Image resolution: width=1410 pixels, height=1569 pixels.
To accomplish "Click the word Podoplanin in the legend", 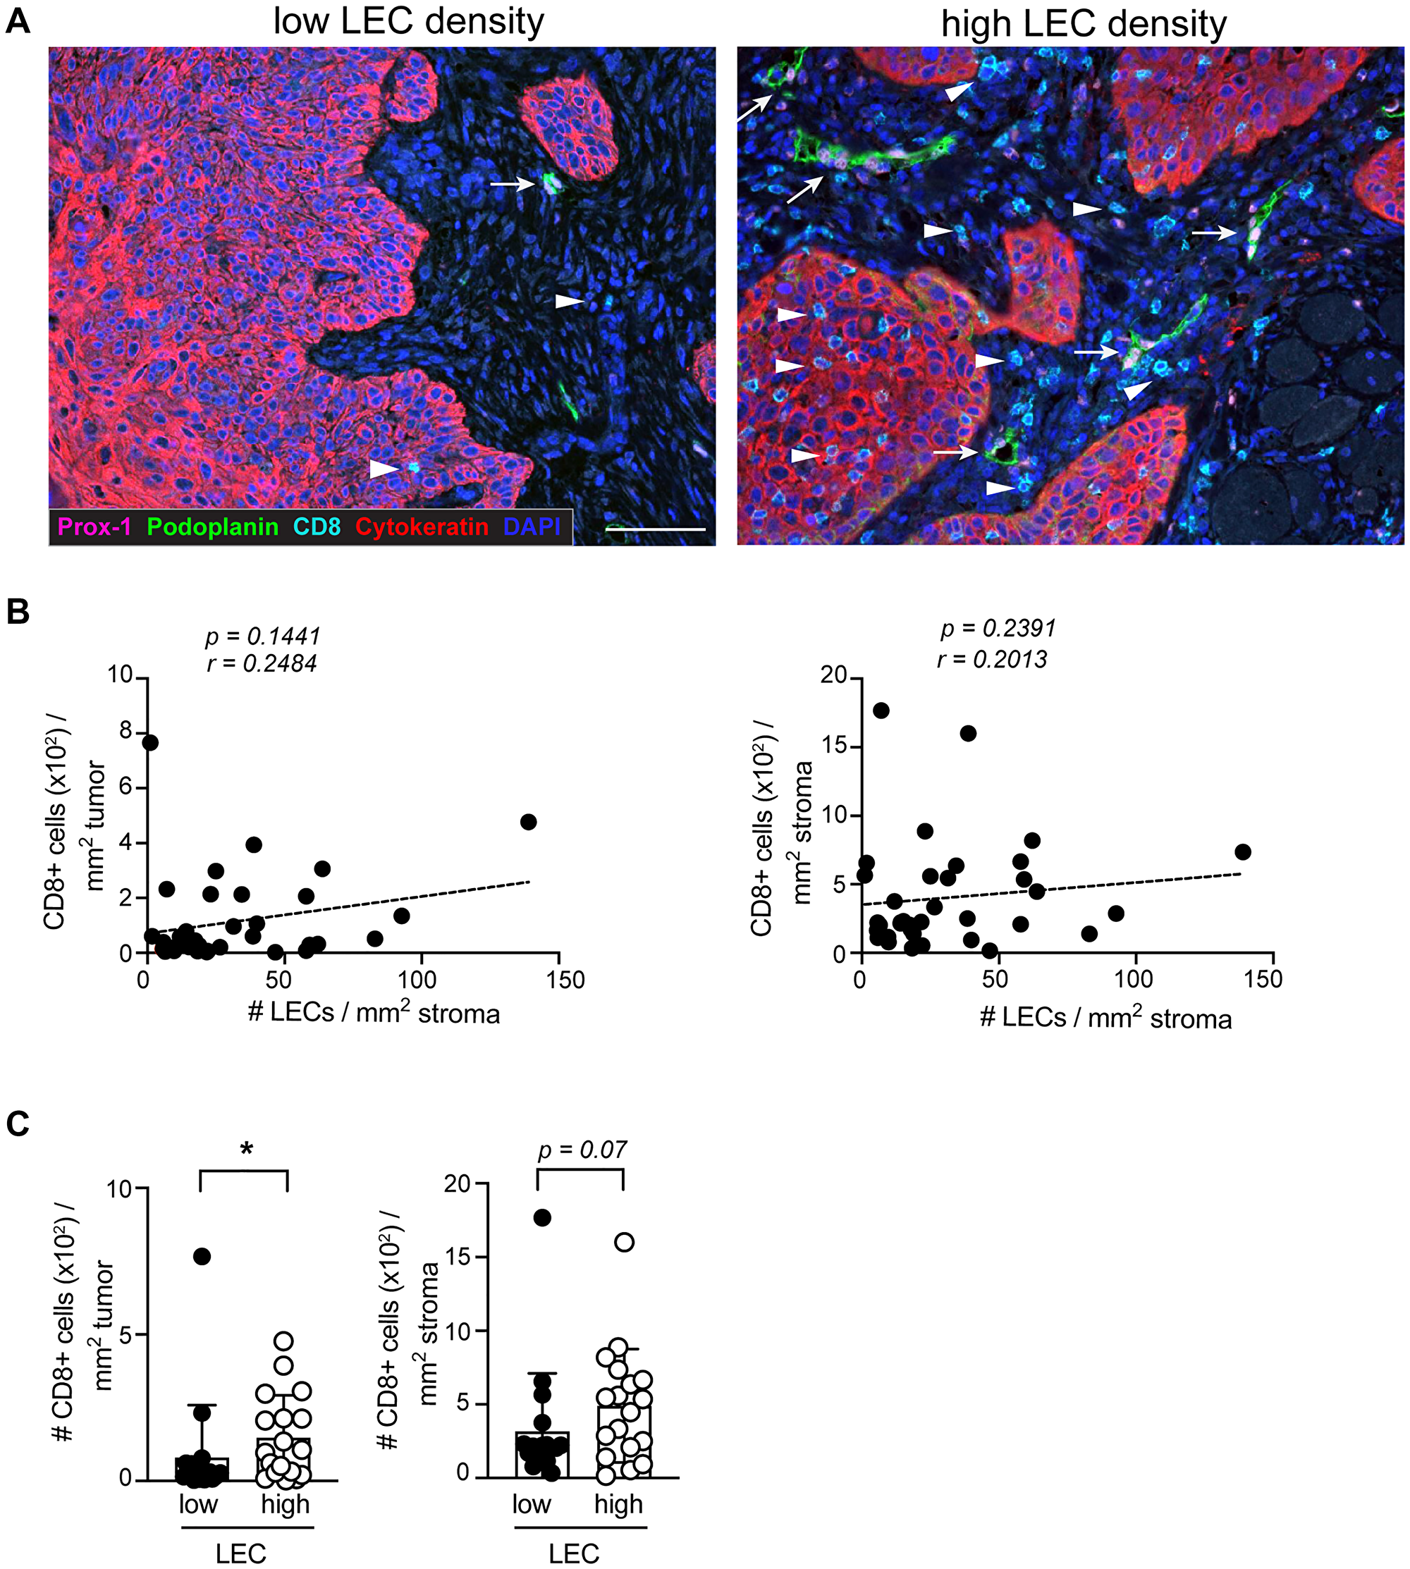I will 212,527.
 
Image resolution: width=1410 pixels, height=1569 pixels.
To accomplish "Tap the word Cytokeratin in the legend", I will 422,527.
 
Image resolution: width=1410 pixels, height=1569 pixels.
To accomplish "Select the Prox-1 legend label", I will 94,527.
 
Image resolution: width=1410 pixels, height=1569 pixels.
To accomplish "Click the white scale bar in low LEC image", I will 656,530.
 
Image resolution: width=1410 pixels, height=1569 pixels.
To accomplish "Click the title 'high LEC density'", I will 1083,24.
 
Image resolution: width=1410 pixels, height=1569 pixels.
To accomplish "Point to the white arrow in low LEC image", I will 512,184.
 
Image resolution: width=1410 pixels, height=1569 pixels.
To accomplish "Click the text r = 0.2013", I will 992,660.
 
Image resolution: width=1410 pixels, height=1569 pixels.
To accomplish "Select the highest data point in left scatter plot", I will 149,742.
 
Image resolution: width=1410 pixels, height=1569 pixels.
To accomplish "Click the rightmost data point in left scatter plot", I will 528,822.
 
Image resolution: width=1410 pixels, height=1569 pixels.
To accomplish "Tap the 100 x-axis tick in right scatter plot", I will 1134,980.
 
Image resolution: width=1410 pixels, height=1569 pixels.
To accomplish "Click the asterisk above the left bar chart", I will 246,1149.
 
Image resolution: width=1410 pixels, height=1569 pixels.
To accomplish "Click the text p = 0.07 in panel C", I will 582,1150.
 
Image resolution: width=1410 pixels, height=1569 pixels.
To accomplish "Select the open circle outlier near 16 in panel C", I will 624,1243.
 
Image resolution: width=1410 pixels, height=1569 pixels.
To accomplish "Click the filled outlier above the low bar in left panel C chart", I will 202,1256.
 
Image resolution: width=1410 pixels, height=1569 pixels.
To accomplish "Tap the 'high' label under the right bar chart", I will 618,1504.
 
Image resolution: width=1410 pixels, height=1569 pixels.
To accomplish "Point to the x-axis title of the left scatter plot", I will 374,1014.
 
